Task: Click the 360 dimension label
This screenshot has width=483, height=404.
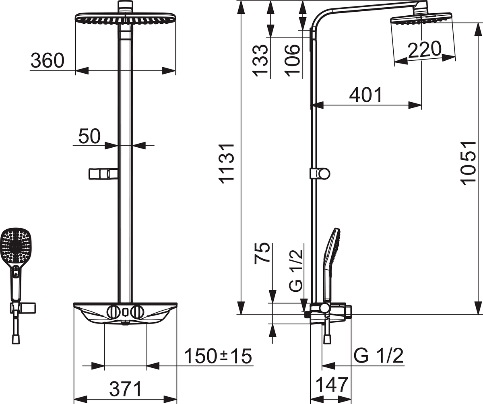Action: click(x=47, y=61)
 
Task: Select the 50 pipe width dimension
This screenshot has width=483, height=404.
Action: click(x=89, y=136)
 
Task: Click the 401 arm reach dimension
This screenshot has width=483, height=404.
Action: click(x=365, y=95)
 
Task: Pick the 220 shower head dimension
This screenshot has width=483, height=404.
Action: click(x=424, y=50)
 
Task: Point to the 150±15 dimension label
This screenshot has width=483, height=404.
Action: click(x=218, y=356)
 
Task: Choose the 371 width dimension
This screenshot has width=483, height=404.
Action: click(x=126, y=389)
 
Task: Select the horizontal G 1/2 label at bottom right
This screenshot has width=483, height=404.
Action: click(x=378, y=356)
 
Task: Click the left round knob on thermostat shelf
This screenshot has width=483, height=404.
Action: click(x=113, y=311)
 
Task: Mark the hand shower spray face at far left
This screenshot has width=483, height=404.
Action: click(x=16, y=246)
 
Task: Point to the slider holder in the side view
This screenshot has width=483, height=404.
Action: click(x=320, y=174)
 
